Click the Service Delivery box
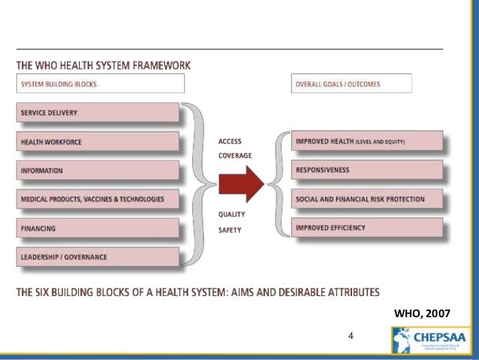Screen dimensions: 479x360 (98, 113)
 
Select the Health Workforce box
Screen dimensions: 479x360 (98, 141)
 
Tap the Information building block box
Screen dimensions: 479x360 (98, 171)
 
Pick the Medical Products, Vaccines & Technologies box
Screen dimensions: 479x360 (98, 199)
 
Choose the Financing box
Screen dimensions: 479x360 (98, 228)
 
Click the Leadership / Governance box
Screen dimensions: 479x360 (98, 257)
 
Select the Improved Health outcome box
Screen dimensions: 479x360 (367, 141)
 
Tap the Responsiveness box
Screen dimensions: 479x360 (367, 170)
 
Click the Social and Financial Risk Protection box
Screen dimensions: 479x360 (367, 199)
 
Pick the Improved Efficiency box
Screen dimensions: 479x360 (367, 228)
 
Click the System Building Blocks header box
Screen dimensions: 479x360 (98, 84)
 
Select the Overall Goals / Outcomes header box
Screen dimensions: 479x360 (351, 84)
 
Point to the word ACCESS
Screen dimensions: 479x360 (230, 141)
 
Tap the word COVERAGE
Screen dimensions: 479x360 (234, 156)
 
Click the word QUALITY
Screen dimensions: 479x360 (231, 214)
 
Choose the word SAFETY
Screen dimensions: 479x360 (230, 229)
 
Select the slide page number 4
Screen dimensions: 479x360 (351, 335)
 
